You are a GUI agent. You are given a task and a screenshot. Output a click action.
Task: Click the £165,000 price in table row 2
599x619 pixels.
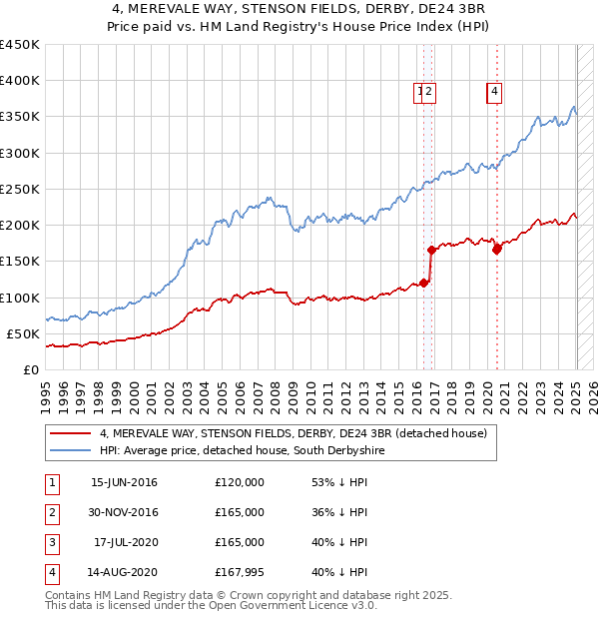tap(240, 512)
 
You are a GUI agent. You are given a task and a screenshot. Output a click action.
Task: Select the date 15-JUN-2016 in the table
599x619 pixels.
tap(124, 482)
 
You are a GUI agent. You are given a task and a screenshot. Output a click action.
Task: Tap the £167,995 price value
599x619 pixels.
tap(240, 572)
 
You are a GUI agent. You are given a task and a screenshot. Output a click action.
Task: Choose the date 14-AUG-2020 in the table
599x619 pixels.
tap(124, 572)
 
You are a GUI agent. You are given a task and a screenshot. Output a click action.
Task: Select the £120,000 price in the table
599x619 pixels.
tap(240, 482)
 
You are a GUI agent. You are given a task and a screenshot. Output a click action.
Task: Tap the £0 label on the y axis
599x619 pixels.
tap(30, 369)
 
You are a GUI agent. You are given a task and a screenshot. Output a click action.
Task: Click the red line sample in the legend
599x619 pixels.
tap(72, 433)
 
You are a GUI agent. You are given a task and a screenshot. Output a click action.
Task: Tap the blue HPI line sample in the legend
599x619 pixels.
tap(72, 451)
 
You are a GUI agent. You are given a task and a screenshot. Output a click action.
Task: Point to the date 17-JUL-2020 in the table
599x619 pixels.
tap(126, 542)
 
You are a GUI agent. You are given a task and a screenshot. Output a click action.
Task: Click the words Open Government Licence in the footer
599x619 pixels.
tap(283, 605)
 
